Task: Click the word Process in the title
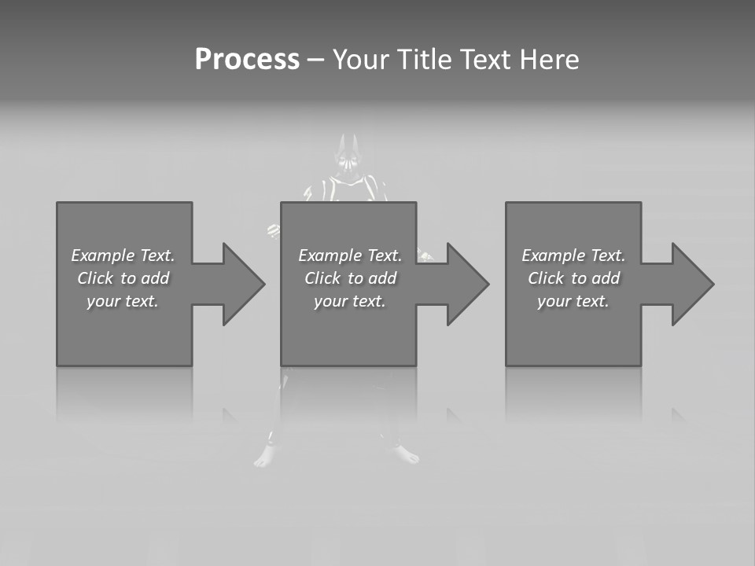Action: (247, 60)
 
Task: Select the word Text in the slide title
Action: (485, 60)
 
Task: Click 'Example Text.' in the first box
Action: (123, 255)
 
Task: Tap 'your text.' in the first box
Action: (123, 301)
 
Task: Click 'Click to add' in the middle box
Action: (350, 278)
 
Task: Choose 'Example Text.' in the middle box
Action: (350, 255)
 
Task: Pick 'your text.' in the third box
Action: (573, 301)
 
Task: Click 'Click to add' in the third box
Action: (573, 278)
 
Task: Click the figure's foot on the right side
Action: (407, 454)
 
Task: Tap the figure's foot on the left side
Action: (265, 458)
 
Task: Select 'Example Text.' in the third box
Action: (573, 255)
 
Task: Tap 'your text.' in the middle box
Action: (350, 301)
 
